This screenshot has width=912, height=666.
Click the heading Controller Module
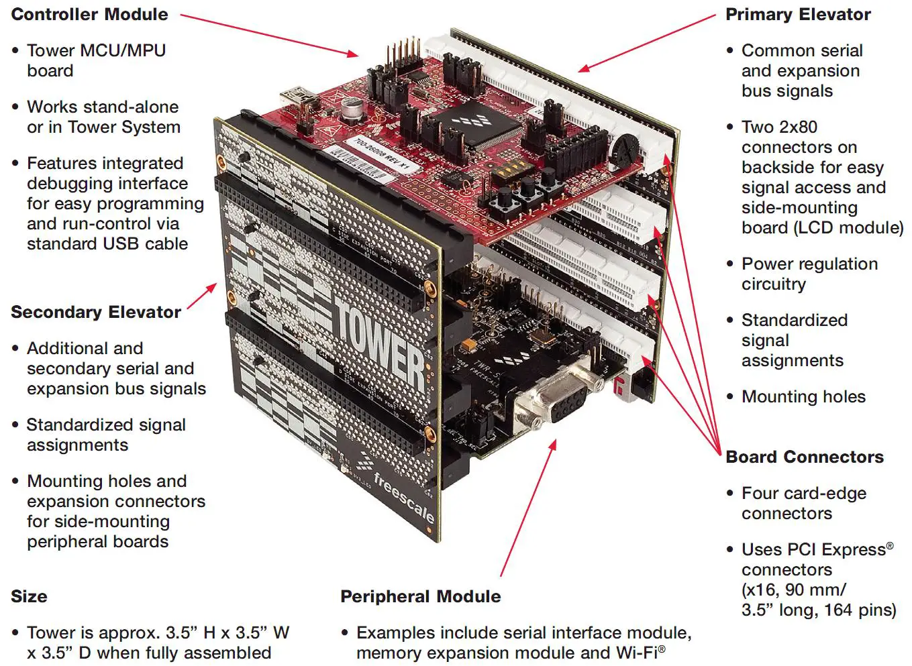click(89, 14)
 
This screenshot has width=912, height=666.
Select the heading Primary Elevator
click(797, 14)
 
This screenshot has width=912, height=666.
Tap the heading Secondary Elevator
click(95, 312)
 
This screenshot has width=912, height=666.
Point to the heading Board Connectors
click(804, 457)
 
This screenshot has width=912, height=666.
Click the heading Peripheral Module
click(420, 596)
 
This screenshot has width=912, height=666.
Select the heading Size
click(29, 596)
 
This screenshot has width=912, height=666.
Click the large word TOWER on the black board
click(379, 349)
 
